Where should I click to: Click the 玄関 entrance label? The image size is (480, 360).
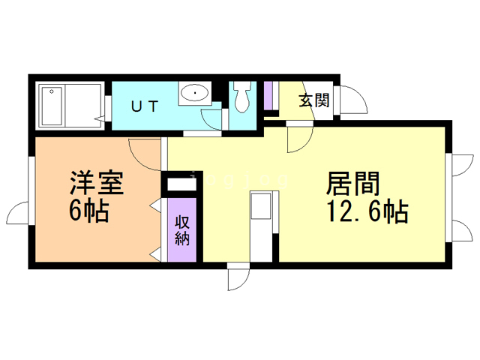(x=314, y=100)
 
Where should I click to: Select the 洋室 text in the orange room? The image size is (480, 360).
(x=96, y=182)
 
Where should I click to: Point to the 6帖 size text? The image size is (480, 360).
(x=88, y=211)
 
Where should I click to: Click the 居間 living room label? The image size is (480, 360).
(x=352, y=184)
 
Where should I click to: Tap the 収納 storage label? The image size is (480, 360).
(x=182, y=231)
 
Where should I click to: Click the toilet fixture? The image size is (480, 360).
(x=242, y=97)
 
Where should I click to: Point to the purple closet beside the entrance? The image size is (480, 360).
(x=268, y=94)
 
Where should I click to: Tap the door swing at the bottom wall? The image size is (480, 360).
(x=238, y=279)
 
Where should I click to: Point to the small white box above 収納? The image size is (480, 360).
(x=180, y=184)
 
